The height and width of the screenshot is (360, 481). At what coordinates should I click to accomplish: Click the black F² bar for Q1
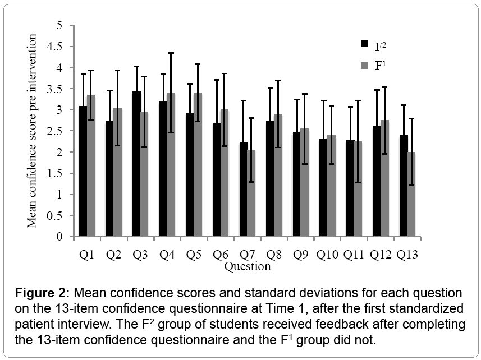(x=83, y=171)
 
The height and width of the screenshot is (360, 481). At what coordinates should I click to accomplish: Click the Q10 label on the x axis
(x=327, y=255)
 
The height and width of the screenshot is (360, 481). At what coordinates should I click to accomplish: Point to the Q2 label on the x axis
(x=114, y=255)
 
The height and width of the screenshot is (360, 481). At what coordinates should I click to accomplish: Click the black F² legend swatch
(x=364, y=44)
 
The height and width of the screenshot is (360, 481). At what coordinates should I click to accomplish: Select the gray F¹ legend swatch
(x=364, y=66)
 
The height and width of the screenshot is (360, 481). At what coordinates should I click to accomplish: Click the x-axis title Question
(x=247, y=266)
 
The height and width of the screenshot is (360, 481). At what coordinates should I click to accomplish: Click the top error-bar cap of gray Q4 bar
(x=171, y=53)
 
